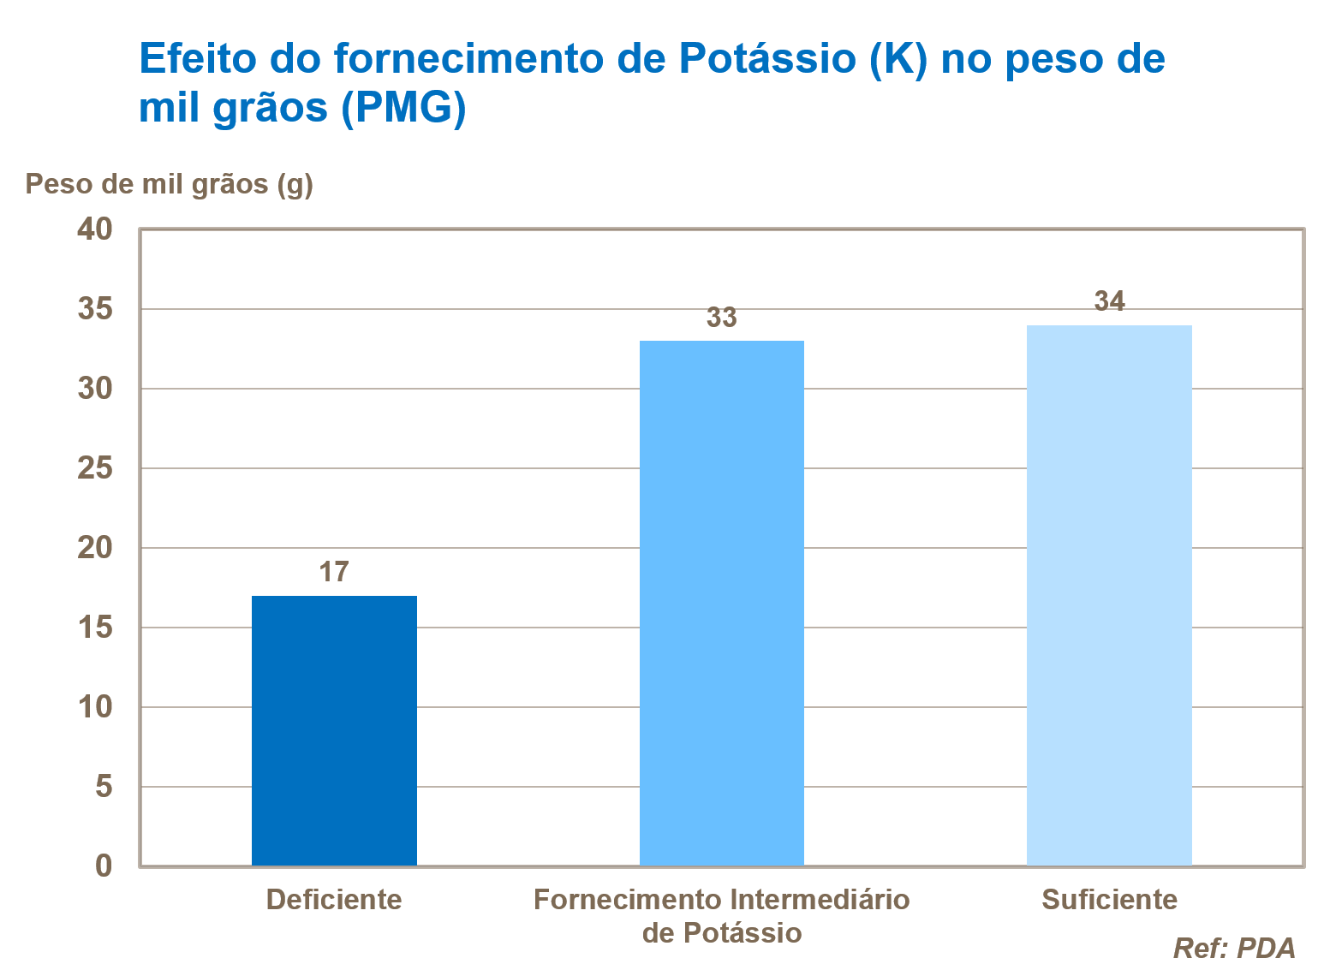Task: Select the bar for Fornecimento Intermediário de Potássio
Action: [721, 604]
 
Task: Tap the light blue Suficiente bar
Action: [1109, 595]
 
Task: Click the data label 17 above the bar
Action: [334, 572]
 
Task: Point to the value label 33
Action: [721, 318]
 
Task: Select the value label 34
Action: [1109, 301]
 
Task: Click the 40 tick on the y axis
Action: [94, 229]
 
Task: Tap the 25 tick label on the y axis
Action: [94, 468]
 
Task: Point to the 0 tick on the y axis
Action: [104, 866]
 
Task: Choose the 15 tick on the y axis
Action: [94, 628]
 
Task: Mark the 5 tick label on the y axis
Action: [104, 786]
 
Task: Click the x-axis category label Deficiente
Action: [334, 900]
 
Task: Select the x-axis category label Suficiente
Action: [1109, 900]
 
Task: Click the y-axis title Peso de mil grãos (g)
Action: [169, 184]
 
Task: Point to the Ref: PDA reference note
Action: [1233, 948]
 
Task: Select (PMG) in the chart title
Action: [403, 108]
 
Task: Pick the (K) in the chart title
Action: [898, 59]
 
